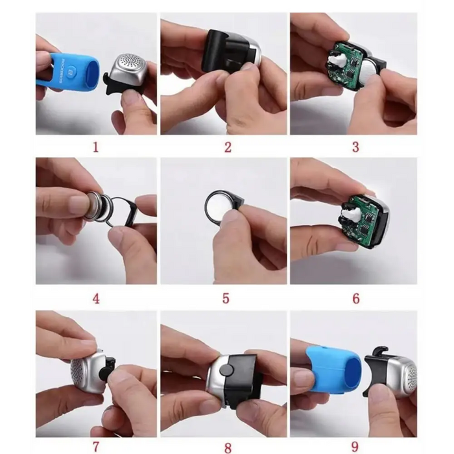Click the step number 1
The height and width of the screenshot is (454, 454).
[96, 147]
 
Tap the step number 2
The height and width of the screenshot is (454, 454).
[228, 147]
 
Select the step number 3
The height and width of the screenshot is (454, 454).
[355, 147]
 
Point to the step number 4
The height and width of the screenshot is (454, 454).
[96, 299]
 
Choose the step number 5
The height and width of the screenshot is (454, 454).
[226, 299]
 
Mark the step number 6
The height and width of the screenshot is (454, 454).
[355, 299]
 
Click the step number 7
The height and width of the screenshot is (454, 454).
[96, 446]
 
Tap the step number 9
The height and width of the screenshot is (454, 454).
[355, 446]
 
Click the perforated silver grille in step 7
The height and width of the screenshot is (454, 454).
[84, 373]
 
